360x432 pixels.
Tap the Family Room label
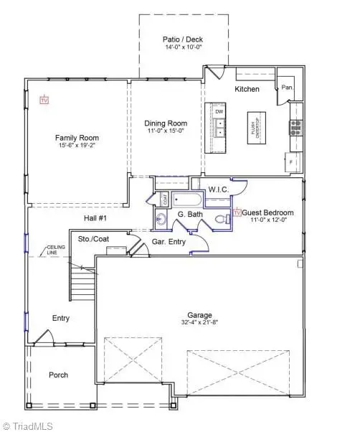77,138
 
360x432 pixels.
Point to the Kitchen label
246,89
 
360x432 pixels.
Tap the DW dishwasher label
219,112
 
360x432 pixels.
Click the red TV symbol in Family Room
44,100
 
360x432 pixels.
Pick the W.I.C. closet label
217,189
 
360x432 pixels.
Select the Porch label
59,375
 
